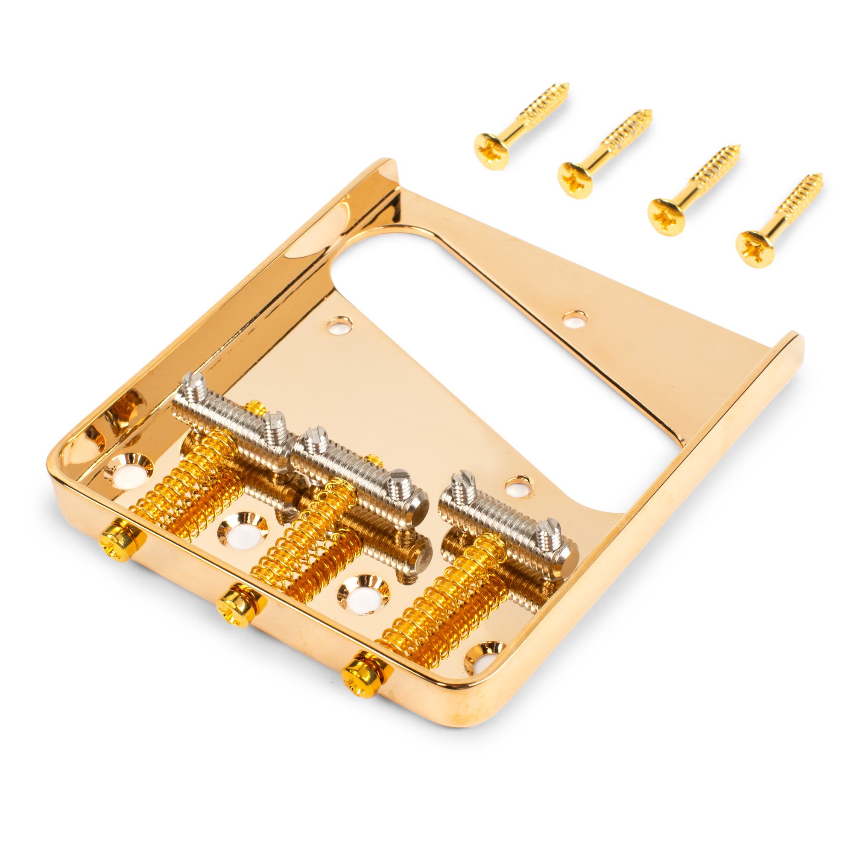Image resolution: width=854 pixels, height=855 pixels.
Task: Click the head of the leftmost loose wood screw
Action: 491,151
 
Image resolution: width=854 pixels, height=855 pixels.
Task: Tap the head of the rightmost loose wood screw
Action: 755,249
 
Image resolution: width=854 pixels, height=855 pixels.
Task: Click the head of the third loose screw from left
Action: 666,217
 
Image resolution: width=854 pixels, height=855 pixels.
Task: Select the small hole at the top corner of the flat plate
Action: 339,326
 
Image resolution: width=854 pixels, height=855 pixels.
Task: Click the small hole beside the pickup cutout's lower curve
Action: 519,487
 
